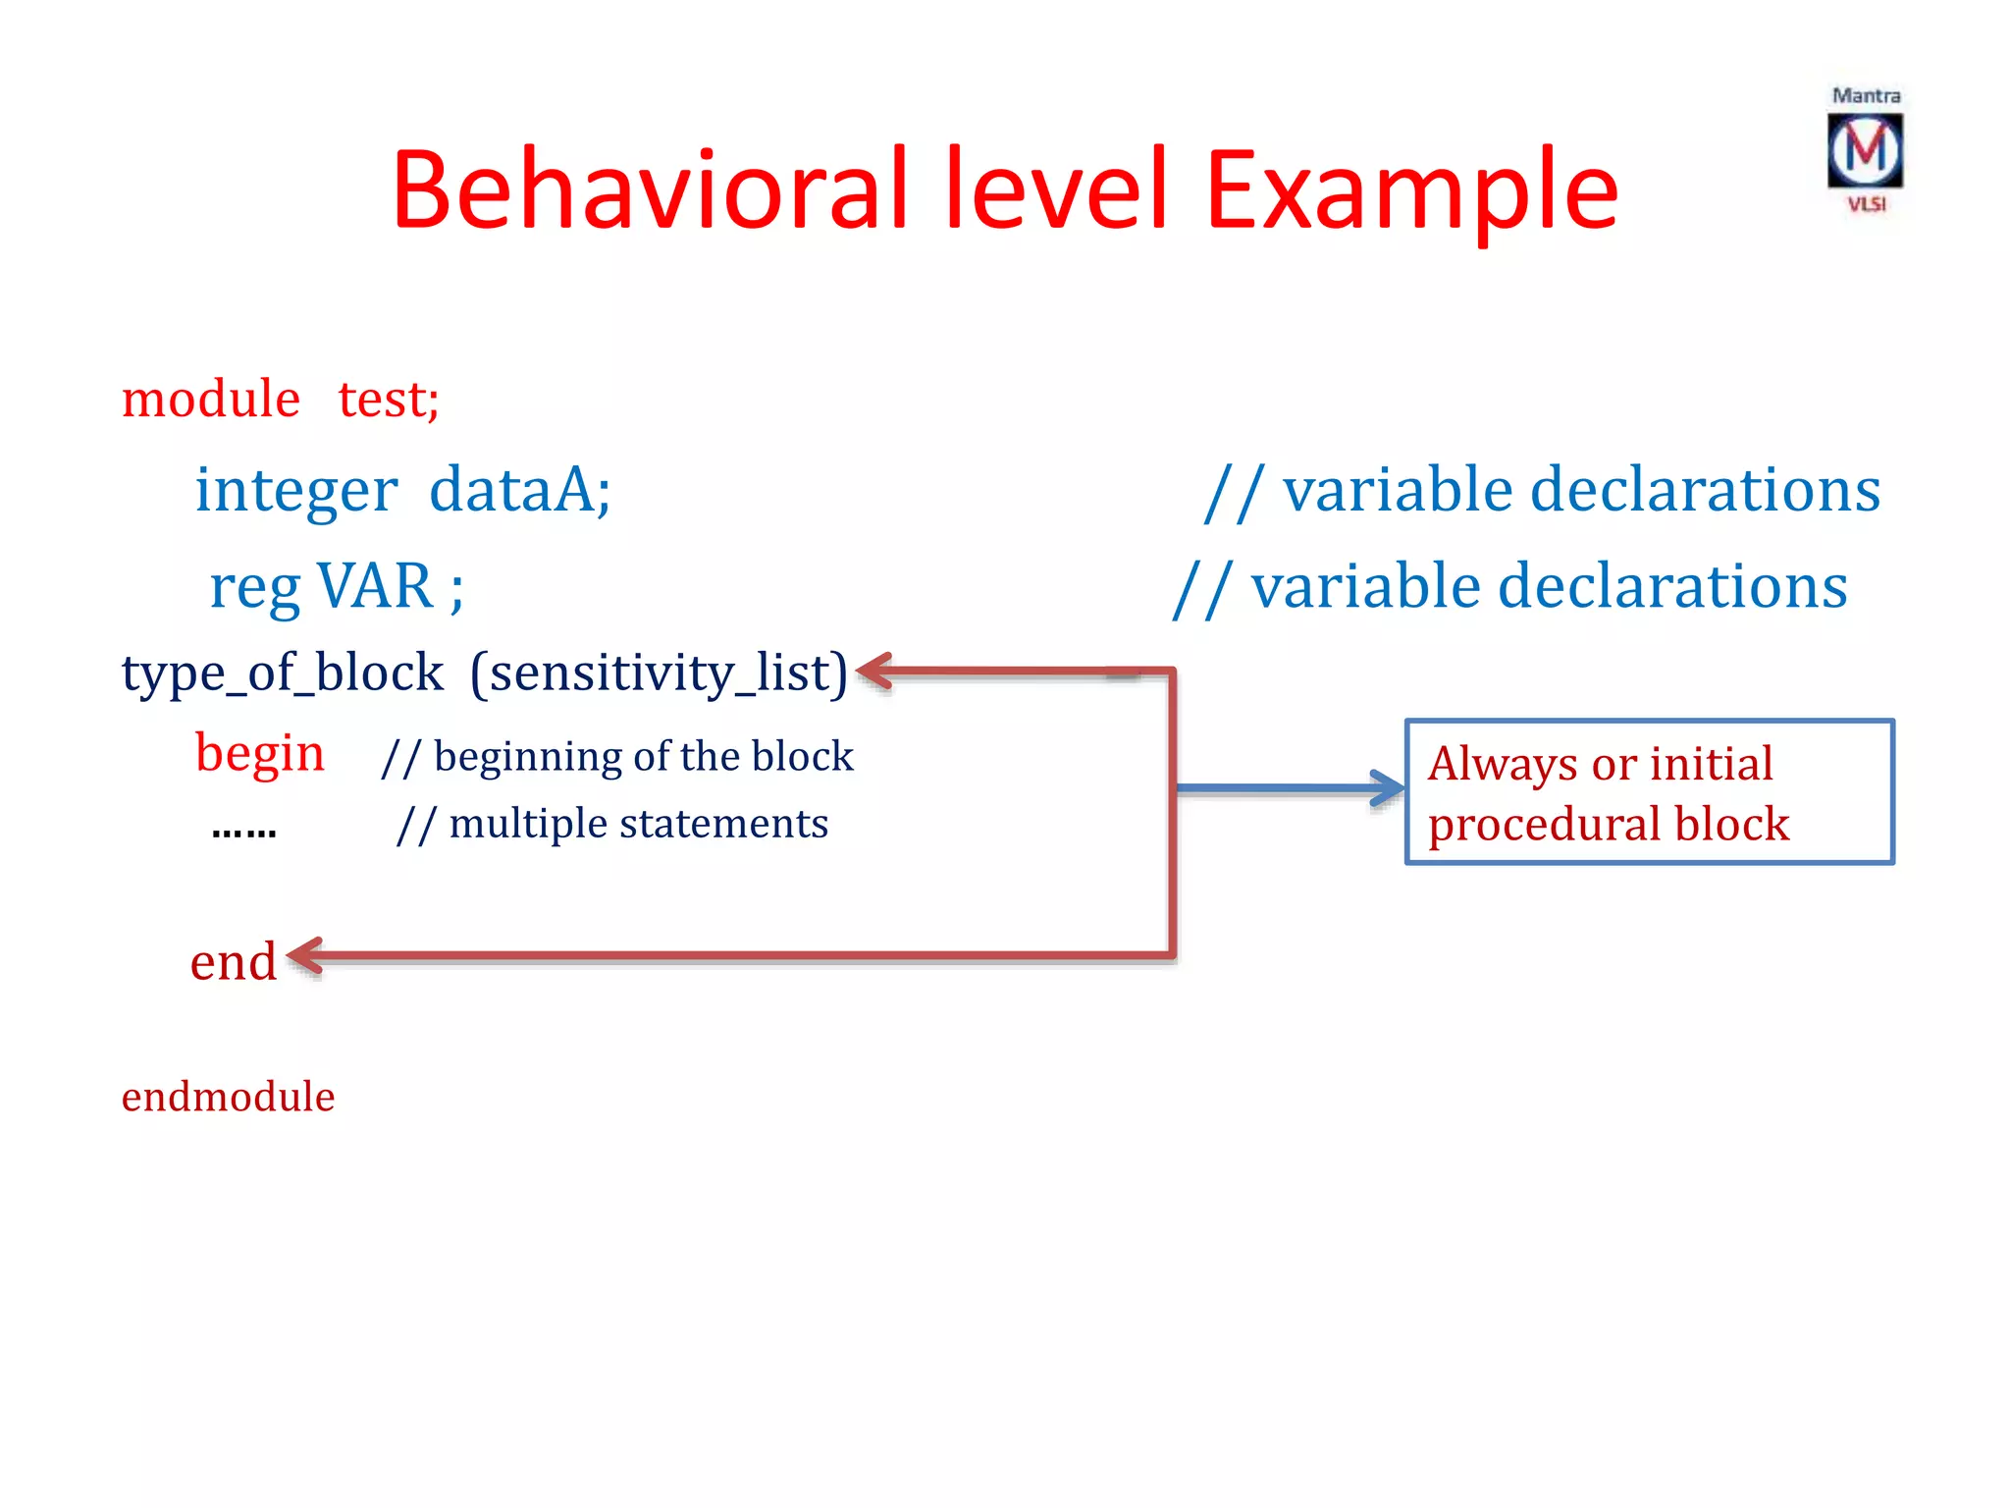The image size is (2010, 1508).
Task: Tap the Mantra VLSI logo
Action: click(x=1865, y=150)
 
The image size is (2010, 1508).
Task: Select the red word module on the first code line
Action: click(x=210, y=400)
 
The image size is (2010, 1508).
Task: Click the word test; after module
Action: click(x=389, y=400)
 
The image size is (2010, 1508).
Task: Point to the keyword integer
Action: click(x=296, y=490)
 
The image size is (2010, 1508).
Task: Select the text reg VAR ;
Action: click(x=337, y=587)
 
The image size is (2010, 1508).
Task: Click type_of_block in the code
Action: click(x=283, y=673)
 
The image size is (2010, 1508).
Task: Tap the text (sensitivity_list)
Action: click(x=659, y=673)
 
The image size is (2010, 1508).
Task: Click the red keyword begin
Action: click(x=259, y=754)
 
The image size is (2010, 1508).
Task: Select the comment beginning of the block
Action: click(x=618, y=757)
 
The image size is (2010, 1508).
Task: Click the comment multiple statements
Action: click(x=613, y=824)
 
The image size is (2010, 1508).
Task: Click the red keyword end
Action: click(x=233, y=961)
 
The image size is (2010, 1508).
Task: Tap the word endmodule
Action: click(x=228, y=1097)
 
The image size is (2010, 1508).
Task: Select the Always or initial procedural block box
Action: click(x=1649, y=792)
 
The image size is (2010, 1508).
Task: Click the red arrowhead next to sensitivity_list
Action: click(x=874, y=673)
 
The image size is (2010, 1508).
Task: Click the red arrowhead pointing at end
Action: click(x=305, y=956)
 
